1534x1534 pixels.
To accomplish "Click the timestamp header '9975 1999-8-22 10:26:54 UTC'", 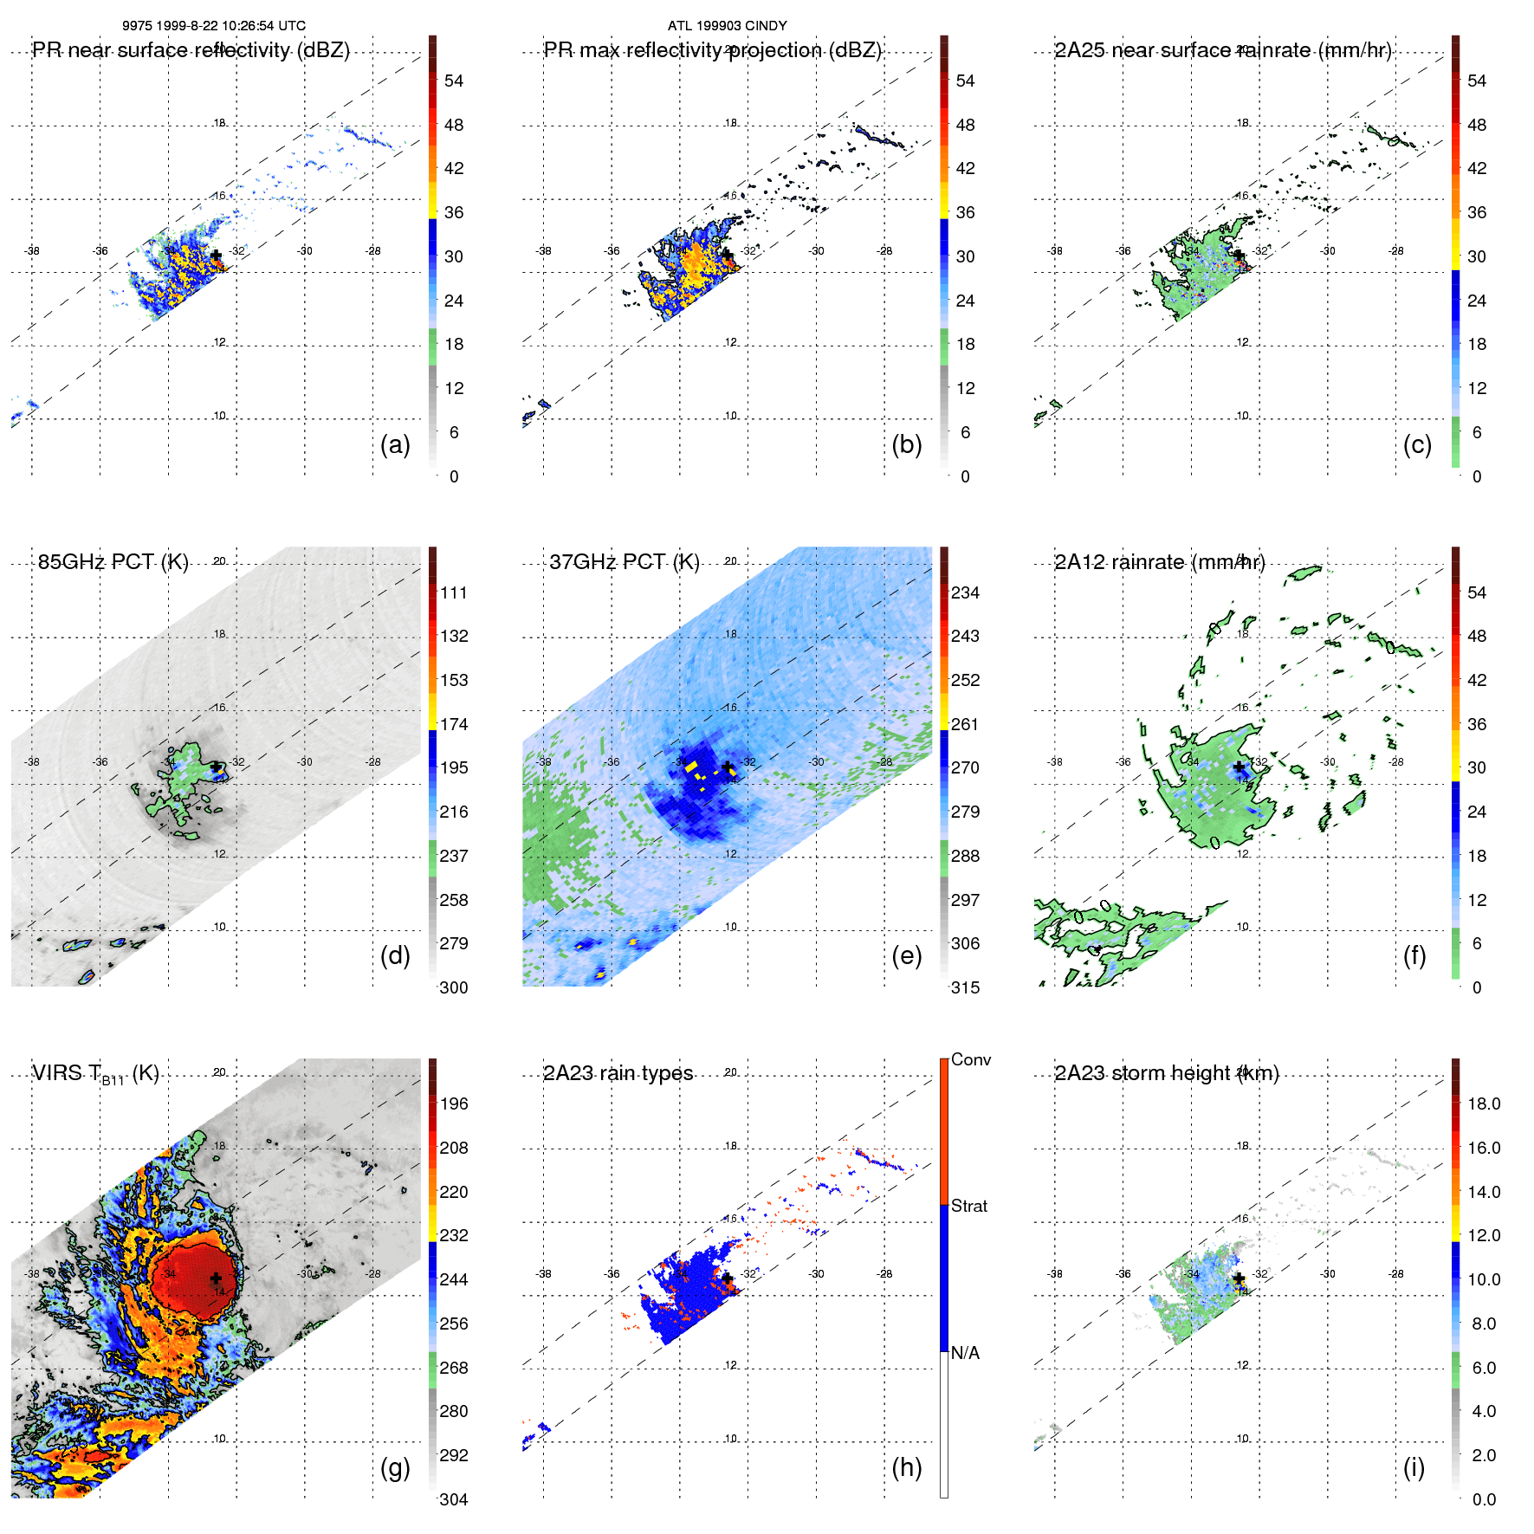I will click(213, 26).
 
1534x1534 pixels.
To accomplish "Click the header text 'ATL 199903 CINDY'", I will click(727, 26).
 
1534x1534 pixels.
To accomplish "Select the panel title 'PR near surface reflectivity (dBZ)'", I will click(191, 50).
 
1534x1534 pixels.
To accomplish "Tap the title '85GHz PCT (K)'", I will click(113, 562).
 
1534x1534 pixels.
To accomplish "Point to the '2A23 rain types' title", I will click(618, 1073).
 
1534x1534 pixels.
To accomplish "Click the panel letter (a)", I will click(395, 444).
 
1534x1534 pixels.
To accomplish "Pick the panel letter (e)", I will click(906, 955).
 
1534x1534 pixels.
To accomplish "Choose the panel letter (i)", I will click(1414, 1467).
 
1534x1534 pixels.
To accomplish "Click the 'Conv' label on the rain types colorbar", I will click(971, 1059).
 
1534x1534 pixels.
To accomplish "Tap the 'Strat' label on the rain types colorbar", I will click(969, 1206).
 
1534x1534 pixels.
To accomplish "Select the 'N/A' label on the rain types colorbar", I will click(965, 1353).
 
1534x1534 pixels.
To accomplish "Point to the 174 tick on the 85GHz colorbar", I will click(454, 724).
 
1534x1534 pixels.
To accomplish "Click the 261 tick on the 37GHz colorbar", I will click(965, 724).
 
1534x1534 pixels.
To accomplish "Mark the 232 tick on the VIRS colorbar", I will click(454, 1235).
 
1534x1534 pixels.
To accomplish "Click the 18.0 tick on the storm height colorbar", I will click(1483, 1104).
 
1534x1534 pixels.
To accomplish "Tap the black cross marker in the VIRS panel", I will click(216, 1278).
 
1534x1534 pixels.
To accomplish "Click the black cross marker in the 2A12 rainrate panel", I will click(1239, 767).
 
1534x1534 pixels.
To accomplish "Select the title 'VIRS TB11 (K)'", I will click(95, 1074).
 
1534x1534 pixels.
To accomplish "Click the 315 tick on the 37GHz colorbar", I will click(965, 987).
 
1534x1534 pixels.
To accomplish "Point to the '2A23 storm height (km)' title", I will click(1166, 1073).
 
